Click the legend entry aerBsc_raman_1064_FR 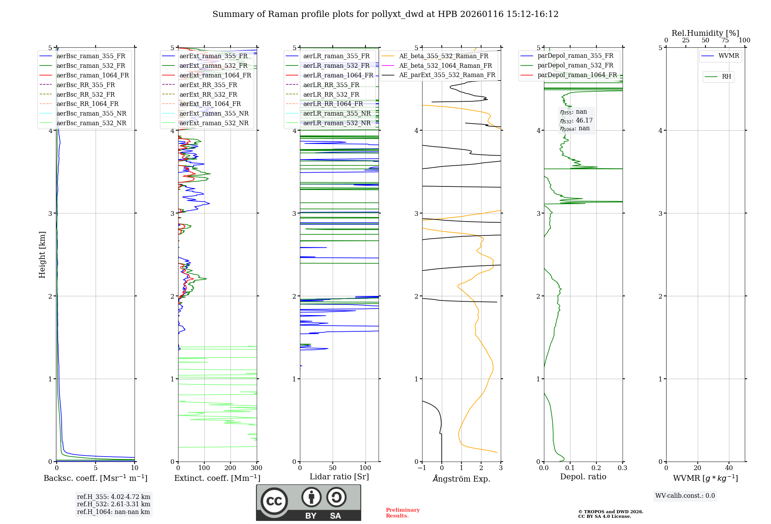pos(93,75)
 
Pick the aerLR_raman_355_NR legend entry pos(337,113)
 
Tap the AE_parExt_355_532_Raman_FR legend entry pos(447,75)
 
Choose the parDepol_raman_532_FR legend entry pos(575,65)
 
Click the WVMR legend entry pos(729,56)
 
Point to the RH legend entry pos(726,77)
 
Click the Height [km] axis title pos(42,255)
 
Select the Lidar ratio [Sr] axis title pos(339,477)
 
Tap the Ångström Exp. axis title pos(461,479)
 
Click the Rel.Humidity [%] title pos(705,33)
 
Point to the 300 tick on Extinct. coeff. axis pos(257,468)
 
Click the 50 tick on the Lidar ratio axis pos(333,468)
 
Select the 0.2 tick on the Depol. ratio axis pos(596,468)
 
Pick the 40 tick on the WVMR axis pos(729,468)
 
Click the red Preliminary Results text pos(402,513)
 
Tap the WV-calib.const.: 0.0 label pos(685,496)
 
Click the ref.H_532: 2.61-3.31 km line pos(113,504)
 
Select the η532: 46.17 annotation pos(576,120)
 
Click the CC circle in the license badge pos(274,501)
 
